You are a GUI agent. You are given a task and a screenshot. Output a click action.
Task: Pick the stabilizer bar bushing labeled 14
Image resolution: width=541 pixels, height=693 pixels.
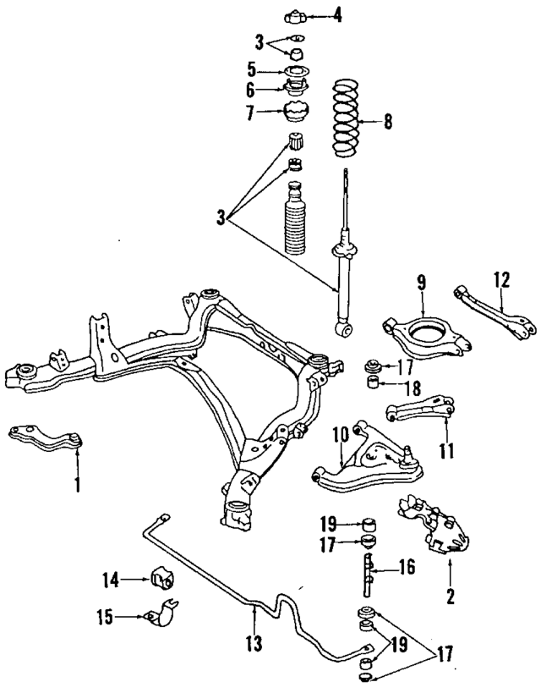pos(162,580)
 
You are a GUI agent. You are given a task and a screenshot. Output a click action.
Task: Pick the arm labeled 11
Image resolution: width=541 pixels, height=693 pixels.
pos(418,409)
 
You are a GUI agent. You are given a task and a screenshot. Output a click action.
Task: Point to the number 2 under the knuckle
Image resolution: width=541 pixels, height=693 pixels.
pos(451,597)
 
